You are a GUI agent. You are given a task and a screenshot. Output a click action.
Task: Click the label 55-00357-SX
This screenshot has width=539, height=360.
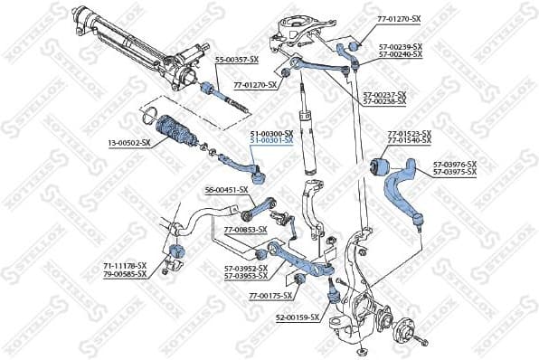[236, 59]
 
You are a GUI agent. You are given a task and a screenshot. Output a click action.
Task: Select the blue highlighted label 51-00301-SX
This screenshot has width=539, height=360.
[270, 140]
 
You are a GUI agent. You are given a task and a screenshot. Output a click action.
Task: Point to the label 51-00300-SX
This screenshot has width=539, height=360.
[270, 133]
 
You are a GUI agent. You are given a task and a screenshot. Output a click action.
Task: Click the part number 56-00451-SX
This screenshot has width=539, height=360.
[226, 190]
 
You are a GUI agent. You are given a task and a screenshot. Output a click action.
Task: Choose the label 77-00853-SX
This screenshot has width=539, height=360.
[245, 230]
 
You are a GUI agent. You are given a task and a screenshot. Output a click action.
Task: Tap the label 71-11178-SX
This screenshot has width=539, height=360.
[124, 265]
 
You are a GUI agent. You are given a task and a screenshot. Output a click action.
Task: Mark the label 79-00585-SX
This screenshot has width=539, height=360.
[124, 272]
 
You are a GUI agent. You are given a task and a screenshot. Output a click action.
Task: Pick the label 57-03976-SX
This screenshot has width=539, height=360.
[454, 165]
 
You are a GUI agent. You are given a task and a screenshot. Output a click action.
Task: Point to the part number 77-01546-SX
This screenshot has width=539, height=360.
[409, 141]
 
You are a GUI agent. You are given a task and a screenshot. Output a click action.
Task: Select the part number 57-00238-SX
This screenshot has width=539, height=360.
[384, 101]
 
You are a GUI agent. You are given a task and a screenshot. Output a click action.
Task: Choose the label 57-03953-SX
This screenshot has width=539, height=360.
[245, 276]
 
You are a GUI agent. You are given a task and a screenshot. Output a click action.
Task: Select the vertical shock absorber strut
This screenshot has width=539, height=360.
[307, 136]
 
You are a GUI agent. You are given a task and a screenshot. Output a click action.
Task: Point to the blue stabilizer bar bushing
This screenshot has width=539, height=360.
[177, 251]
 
